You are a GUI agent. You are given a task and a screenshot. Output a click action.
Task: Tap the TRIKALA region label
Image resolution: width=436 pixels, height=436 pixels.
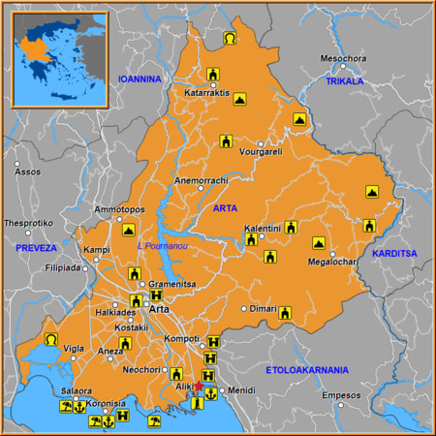click(x=344, y=81)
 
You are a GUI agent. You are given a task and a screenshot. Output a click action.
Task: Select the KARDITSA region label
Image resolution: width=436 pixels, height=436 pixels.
click(x=393, y=253)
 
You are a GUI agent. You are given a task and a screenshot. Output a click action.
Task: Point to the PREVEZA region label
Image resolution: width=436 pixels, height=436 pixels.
click(x=37, y=249)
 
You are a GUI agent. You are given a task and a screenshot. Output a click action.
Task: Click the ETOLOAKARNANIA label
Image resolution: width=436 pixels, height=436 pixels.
click(x=308, y=370)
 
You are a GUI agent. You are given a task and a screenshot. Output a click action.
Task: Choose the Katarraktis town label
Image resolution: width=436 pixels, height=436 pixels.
click(x=205, y=93)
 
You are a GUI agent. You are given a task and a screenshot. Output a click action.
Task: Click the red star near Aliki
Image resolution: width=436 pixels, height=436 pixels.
click(x=199, y=386)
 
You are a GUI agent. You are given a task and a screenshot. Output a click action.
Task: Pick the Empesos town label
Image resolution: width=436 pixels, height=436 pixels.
click(x=340, y=395)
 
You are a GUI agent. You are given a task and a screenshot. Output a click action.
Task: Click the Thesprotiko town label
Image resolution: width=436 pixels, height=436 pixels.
click(x=28, y=222)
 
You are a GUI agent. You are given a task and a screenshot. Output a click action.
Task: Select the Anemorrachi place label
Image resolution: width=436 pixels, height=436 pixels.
click(x=200, y=180)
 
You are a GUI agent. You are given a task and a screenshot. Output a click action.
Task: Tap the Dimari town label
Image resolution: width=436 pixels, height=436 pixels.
click(x=263, y=308)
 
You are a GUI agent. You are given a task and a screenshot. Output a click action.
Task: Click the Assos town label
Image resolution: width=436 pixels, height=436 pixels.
click(x=28, y=171)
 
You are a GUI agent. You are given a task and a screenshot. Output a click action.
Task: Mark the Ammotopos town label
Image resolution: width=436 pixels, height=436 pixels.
click(x=119, y=209)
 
